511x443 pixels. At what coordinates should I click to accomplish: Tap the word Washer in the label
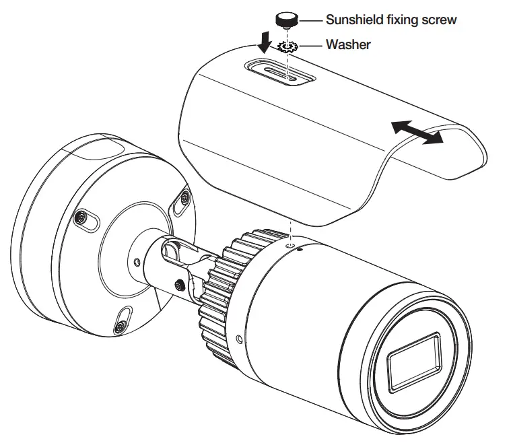348,45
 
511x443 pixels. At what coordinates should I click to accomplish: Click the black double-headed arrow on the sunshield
418,131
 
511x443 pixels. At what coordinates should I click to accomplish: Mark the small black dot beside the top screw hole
300,248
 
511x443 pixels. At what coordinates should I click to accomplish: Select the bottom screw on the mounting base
120,327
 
